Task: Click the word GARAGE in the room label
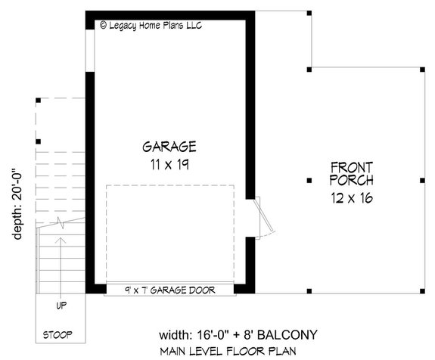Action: click(169, 147)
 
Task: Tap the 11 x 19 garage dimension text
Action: click(169, 163)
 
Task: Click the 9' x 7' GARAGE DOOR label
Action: click(169, 290)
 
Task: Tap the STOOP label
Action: click(57, 334)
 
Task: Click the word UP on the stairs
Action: click(61, 306)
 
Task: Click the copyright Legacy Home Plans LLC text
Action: click(151, 25)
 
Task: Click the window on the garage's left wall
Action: click(90, 50)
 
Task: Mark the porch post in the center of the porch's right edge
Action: click(421, 180)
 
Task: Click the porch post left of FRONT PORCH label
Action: click(309, 180)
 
